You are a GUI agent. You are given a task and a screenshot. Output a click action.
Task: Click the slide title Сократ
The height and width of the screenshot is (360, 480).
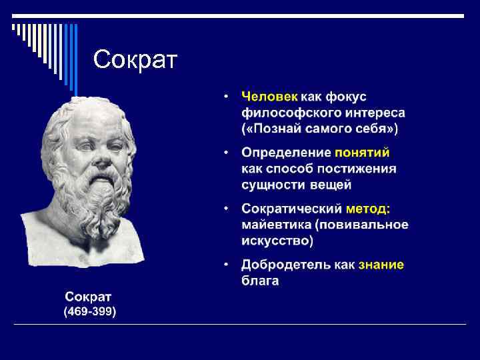135,60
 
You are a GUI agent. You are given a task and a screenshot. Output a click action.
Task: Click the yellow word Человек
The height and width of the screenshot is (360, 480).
269,97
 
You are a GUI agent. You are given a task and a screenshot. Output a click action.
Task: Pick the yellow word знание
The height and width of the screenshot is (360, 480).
381,265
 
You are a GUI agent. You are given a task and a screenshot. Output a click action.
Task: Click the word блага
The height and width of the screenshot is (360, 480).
260,281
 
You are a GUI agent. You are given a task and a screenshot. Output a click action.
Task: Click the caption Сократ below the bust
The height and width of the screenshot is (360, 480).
89,296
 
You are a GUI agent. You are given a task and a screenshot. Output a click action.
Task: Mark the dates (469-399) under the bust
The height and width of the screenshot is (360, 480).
89,311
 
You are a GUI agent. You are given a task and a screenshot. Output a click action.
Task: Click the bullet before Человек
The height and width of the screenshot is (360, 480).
227,97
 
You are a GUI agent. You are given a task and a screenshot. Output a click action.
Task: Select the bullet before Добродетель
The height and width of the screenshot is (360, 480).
227,265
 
